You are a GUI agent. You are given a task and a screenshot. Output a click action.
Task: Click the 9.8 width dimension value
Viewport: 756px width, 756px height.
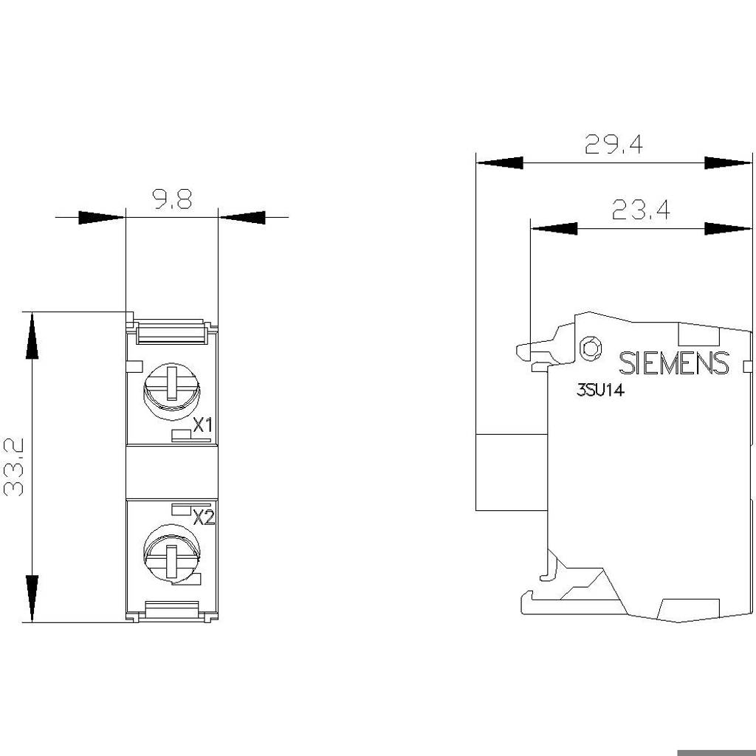[173, 199]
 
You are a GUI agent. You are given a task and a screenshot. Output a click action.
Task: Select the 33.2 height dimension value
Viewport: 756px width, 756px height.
[14, 467]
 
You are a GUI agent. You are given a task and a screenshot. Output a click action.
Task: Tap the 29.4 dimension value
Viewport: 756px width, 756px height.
[614, 144]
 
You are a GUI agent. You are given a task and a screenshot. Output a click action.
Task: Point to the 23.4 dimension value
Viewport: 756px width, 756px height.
[641, 210]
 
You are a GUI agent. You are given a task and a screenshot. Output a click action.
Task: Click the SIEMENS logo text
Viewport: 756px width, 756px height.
[673, 363]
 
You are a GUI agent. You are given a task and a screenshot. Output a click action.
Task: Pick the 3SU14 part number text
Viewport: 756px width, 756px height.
[600, 390]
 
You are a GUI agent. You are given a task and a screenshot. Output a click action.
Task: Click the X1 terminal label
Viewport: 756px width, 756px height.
[202, 425]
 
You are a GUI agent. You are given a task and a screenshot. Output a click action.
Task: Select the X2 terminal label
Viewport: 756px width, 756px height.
[204, 518]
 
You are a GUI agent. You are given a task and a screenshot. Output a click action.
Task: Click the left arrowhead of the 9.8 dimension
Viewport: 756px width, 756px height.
[102, 218]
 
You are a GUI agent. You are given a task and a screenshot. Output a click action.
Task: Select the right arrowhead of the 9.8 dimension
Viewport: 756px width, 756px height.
[242, 218]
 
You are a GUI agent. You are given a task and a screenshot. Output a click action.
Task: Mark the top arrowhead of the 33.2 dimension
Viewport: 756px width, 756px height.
[32, 336]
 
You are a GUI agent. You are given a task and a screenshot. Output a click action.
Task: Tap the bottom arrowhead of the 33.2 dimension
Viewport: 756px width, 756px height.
[32, 598]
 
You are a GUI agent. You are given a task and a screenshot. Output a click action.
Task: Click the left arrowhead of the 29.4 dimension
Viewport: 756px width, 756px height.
[500, 163]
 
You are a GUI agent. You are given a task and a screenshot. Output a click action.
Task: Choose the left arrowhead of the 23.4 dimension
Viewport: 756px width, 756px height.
[554, 229]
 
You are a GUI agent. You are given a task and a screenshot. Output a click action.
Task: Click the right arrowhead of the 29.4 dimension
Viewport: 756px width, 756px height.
[728, 163]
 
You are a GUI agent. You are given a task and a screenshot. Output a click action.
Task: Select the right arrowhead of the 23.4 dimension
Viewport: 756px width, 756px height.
[728, 229]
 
